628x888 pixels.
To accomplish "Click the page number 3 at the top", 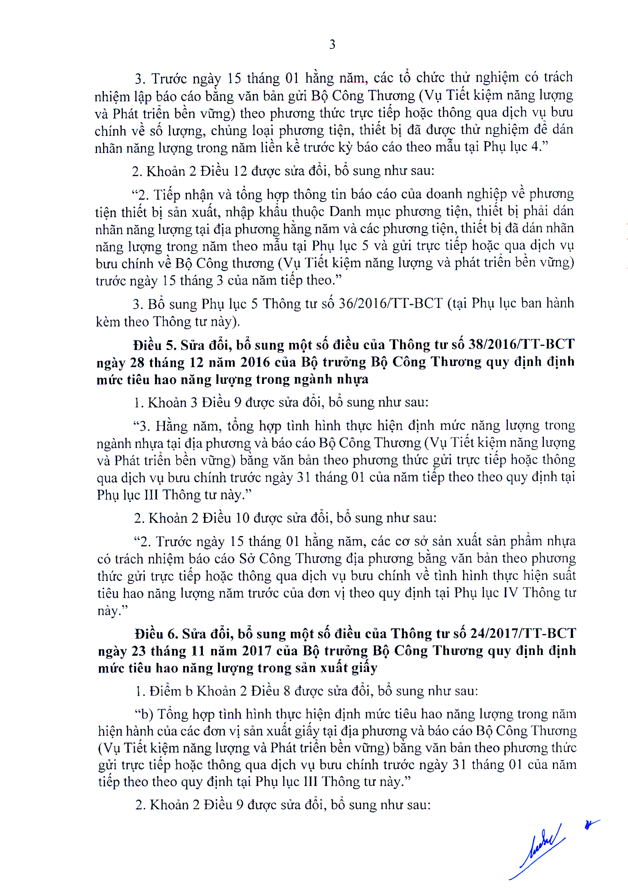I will (x=332, y=45).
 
